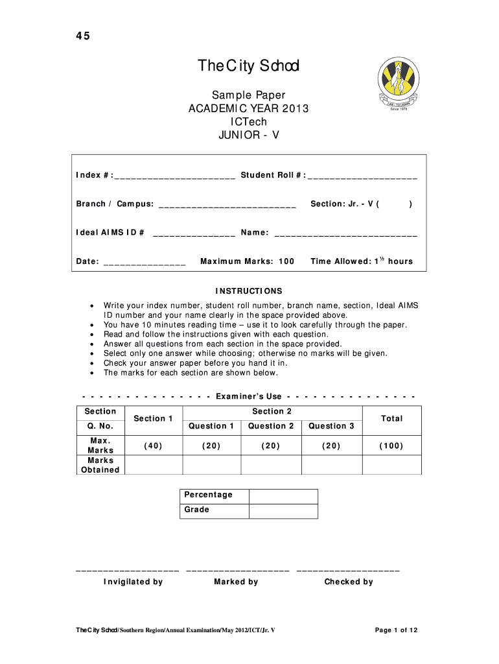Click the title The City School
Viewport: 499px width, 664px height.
click(249, 66)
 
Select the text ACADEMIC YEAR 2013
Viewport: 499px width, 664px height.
click(249, 109)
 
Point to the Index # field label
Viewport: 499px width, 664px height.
click(95, 175)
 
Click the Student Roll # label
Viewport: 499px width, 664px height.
click(273, 175)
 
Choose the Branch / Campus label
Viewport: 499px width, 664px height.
click(115, 204)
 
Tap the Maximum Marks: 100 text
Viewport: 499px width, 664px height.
click(247, 261)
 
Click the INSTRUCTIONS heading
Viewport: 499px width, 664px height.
click(249, 291)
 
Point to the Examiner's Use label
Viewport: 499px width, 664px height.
click(249, 396)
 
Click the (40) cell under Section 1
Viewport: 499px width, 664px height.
click(153, 445)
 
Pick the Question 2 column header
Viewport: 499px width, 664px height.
click(271, 426)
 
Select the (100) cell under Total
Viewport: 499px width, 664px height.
click(391, 445)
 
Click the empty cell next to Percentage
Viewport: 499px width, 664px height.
click(283, 496)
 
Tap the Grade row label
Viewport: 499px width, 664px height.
click(197, 510)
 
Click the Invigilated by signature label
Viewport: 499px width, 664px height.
click(133, 582)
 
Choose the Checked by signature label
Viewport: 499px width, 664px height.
click(349, 582)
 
